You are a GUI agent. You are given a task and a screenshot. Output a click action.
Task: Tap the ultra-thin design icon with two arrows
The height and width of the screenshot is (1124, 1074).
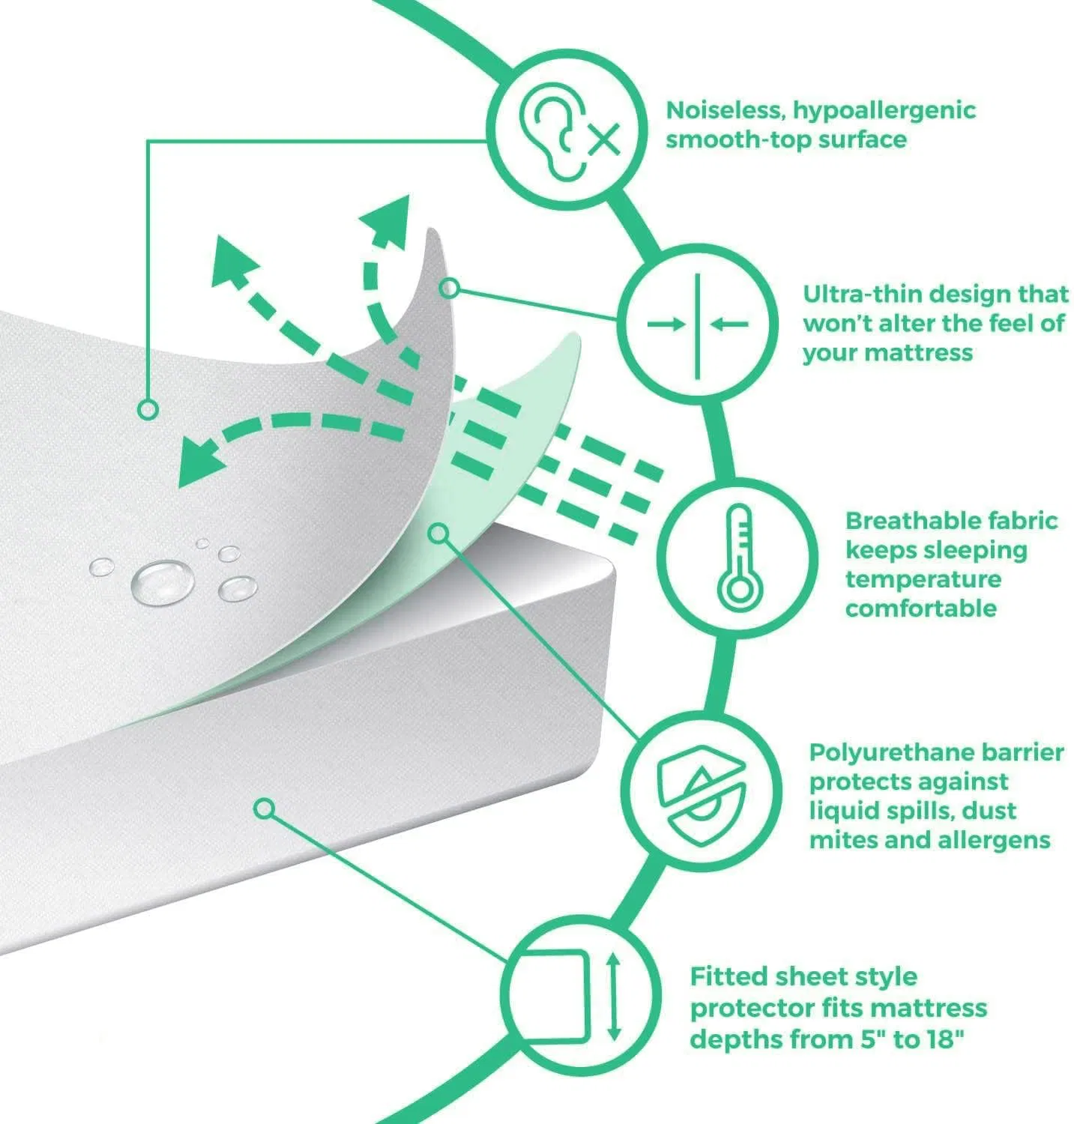[x=698, y=324]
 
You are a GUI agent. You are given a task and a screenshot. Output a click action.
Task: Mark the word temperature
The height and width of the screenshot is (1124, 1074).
[x=923, y=580]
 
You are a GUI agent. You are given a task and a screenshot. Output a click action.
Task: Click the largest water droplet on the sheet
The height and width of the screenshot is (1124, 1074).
[x=163, y=580]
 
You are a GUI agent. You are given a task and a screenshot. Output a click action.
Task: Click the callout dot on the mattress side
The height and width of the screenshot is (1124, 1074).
[x=264, y=809]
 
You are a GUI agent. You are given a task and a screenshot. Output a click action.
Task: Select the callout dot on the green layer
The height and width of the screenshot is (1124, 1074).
[x=438, y=534]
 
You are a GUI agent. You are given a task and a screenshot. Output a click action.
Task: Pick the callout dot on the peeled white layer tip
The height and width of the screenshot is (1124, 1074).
[x=448, y=288]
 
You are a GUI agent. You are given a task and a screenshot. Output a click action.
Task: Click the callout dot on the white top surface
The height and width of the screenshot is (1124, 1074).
[x=148, y=409]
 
